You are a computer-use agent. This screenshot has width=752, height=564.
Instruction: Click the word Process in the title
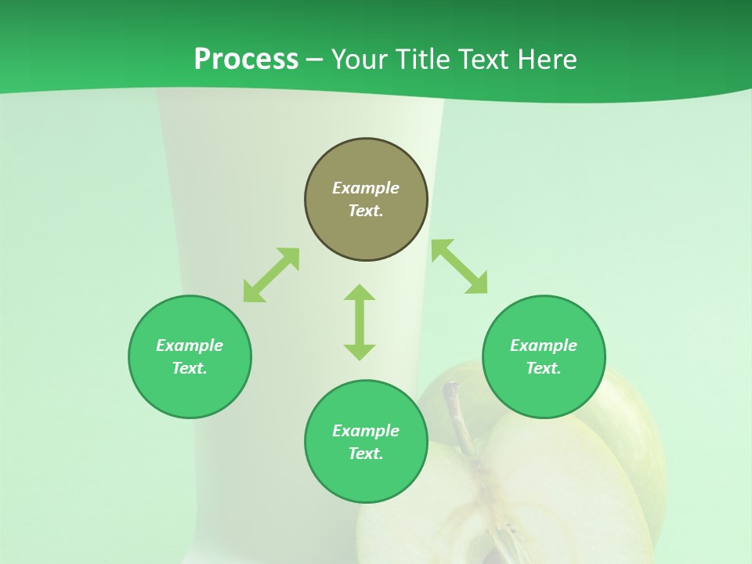[246, 60]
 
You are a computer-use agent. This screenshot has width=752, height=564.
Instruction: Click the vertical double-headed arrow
[360, 322]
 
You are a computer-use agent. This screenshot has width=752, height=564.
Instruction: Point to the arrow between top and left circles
[271, 275]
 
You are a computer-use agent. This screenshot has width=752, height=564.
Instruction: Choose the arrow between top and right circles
[459, 266]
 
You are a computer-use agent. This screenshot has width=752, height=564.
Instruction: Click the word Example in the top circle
[366, 188]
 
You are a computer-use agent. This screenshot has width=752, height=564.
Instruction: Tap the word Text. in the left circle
[190, 368]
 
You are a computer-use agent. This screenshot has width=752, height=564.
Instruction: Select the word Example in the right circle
[544, 345]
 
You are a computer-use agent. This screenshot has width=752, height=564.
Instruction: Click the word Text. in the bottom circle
[366, 454]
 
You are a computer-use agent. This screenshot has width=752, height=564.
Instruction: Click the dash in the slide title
[315, 60]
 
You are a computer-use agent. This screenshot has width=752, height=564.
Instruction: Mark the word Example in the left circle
[190, 345]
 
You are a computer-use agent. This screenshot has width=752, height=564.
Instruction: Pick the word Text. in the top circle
[366, 211]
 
